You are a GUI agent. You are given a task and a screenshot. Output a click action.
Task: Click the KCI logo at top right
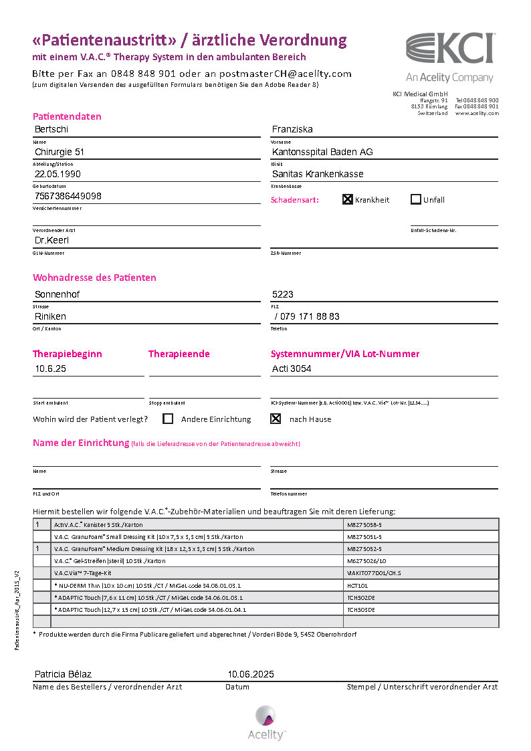tap(450, 49)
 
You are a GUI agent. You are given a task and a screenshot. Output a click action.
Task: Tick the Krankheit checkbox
tap(348, 199)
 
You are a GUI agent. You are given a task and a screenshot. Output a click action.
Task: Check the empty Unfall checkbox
tap(416, 199)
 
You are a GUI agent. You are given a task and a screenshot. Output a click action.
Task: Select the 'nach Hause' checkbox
tap(275, 419)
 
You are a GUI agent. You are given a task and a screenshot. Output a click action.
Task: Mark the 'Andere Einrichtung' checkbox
tap(168, 419)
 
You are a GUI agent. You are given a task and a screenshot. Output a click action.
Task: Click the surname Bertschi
tap(51, 129)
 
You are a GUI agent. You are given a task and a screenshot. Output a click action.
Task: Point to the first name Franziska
tap(292, 129)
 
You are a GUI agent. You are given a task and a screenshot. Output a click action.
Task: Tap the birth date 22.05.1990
tap(59, 174)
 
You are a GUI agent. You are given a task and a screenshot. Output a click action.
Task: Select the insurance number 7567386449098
tap(68, 196)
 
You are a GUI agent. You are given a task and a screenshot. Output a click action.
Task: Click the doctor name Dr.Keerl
tap(52, 240)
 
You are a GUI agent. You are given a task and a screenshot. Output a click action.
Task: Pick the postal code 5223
tap(283, 294)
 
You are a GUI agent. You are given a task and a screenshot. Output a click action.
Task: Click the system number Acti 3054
tap(292, 368)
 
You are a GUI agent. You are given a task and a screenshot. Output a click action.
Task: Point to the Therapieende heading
tap(179, 354)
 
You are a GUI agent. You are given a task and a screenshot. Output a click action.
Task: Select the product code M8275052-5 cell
tap(364, 548)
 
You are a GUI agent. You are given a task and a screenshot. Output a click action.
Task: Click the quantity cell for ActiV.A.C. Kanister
tap(41, 524)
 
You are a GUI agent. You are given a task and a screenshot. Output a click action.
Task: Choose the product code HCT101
tap(358, 585)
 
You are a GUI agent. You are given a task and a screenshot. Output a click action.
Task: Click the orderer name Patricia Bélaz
tap(63, 674)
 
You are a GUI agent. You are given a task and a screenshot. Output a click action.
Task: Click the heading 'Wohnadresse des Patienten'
tap(94, 278)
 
